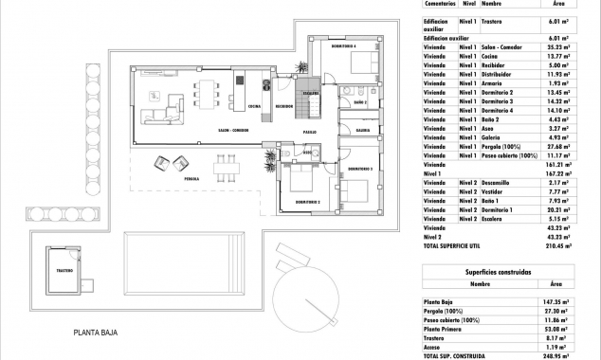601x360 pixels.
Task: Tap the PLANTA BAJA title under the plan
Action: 100,333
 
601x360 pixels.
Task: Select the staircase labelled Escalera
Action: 302,76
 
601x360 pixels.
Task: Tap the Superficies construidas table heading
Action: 511,271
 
